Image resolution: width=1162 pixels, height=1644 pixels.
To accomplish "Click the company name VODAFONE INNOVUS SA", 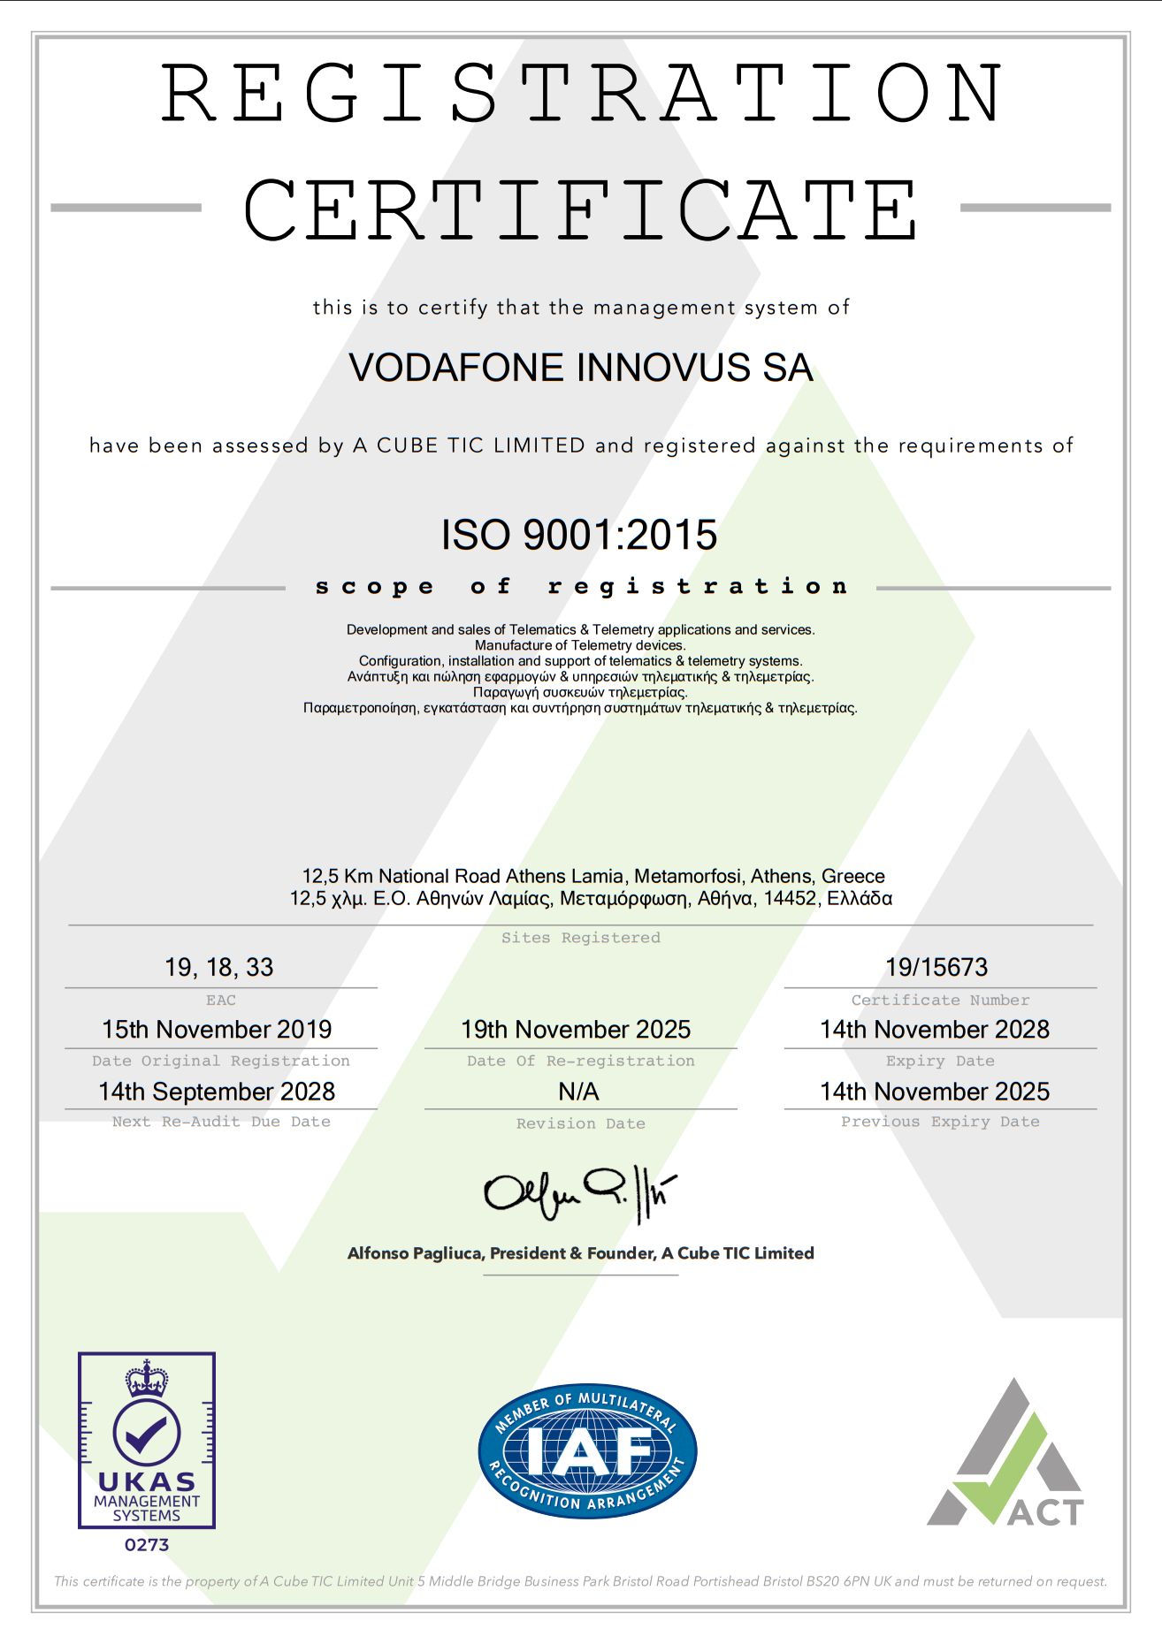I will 580,368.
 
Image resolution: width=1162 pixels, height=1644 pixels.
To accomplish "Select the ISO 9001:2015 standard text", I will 579,535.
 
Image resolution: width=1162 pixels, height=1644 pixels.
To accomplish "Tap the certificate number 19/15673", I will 936,967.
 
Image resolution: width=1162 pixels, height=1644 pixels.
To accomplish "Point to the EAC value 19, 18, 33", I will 219,967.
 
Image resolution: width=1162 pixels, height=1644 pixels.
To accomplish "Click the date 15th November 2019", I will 217,1030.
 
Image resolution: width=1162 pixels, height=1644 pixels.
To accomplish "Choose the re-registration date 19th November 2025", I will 576,1030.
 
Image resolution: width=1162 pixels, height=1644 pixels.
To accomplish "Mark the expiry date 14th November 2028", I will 935,1030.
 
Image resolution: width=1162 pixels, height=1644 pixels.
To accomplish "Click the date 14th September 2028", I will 217,1092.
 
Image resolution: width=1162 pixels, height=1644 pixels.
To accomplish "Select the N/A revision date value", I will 578,1092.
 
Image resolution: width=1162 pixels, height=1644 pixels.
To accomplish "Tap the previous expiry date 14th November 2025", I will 935,1092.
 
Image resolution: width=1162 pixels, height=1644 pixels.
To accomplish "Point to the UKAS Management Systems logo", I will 147,1440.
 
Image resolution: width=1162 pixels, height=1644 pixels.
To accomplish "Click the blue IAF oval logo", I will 587,1451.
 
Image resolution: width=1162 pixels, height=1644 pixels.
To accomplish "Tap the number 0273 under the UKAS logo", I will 147,1545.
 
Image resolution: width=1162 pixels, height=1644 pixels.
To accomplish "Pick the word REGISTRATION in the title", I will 581,94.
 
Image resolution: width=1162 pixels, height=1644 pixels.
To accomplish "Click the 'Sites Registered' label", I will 580,938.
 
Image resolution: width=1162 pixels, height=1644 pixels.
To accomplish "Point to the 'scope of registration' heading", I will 581,587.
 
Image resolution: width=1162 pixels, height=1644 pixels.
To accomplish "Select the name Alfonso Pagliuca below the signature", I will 414,1253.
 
